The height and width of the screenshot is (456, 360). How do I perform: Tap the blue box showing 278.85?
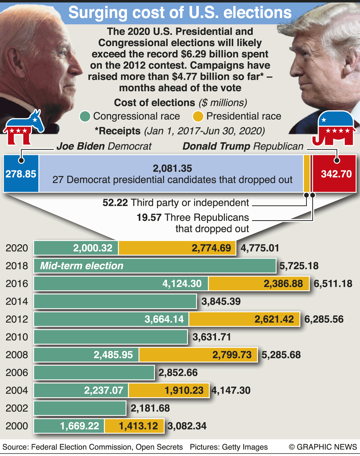click(21, 174)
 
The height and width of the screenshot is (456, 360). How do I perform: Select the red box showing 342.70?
click(335, 174)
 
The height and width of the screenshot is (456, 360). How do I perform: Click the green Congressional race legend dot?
click(85, 116)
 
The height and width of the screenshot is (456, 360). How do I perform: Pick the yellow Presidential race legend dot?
click(198, 116)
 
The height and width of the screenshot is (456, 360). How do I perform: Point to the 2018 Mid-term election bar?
click(155, 266)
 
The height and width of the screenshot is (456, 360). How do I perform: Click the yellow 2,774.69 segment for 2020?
click(177, 248)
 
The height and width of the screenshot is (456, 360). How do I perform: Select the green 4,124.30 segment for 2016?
click(121, 283)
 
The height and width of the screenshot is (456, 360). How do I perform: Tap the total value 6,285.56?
click(324, 319)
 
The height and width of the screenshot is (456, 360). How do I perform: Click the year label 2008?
click(17, 355)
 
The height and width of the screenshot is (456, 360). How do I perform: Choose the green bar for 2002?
click(80, 408)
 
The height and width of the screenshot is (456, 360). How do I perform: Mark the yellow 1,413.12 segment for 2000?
click(134, 426)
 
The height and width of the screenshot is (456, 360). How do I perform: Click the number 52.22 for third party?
click(115, 203)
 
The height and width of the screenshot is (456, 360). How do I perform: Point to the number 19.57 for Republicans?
click(149, 217)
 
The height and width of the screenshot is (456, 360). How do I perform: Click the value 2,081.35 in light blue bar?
click(172, 168)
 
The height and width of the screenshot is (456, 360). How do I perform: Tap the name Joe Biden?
click(81, 146)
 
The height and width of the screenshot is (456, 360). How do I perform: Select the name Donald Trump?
click(216, 146)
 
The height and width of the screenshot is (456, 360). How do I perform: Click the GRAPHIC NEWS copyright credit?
click(323, 447)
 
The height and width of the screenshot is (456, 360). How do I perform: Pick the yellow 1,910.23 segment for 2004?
click(169, 390)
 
